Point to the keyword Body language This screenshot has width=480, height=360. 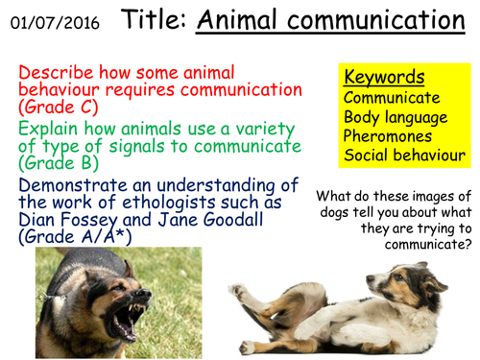[x=396, y=117]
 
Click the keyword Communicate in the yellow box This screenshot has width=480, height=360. [x=392, y=98]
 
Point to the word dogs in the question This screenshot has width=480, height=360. [x=335, y=213]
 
